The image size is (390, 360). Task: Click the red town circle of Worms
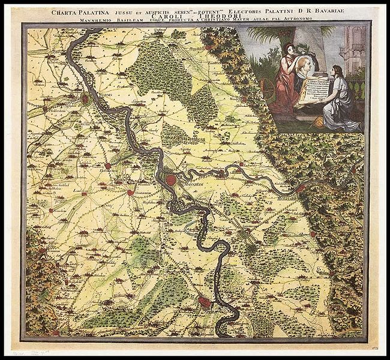pyautogui.click(x=86, y=97)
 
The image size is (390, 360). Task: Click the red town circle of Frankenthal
pyautogui.click(x=108, y=165)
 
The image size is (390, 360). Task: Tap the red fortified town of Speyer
pyautogui.click(x=205, y=303)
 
